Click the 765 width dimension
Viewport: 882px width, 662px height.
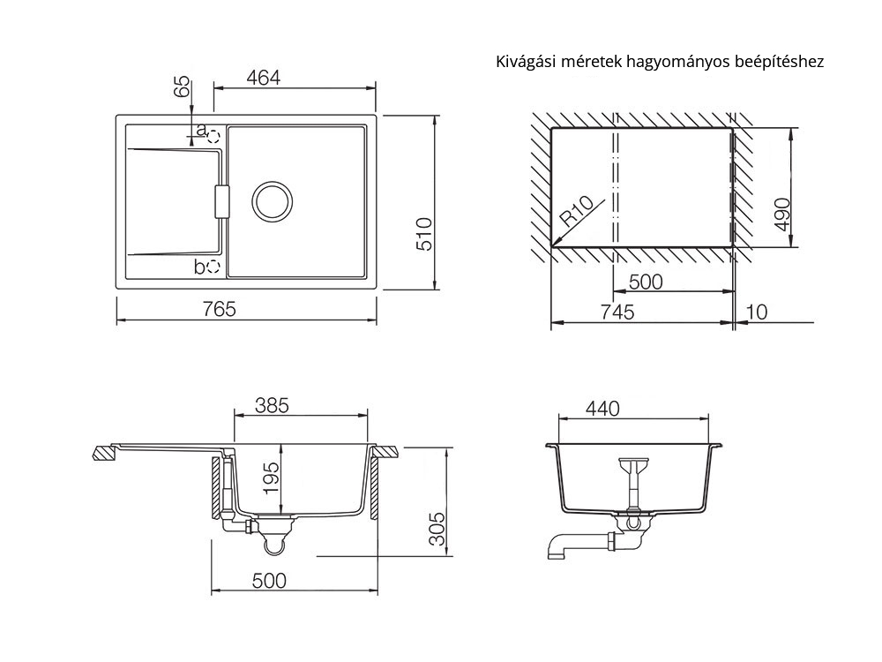[220, 309]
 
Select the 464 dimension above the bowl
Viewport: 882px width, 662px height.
[263, 78]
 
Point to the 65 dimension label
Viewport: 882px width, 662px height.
[182, 87]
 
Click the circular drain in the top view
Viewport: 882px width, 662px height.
[273, 201]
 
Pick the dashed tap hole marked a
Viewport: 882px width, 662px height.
[213, 136]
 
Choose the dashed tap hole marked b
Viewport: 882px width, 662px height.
[213, 267]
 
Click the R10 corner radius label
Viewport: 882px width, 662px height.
[577, 211]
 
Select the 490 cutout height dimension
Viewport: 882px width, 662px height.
[782, 214]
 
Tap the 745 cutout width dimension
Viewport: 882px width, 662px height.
[617, 312]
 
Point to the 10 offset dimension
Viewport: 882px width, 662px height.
[757, 312]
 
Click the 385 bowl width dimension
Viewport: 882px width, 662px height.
[272, 405]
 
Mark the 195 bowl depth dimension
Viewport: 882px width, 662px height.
[272, 478]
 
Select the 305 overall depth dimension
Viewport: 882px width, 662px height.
[437, 529]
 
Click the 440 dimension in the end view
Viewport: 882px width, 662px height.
[602, 408]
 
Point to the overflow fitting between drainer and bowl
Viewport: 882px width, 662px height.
[221, 201]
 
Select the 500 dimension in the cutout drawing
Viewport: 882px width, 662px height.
[646, 282]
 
